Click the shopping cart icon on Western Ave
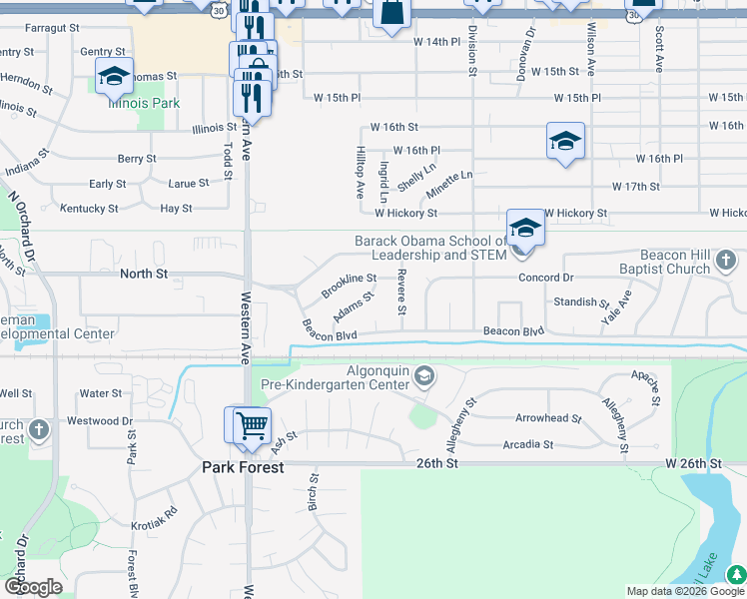coord(252,425)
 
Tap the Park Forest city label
coord(243,467)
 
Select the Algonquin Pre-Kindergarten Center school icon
coord(424,376)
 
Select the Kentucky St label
coord(89,209)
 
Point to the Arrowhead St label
coord(547,418)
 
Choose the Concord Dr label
coord(546,278)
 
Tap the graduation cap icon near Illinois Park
coord(114,76)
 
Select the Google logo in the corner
coord(33,587)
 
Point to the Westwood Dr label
coord(99,421)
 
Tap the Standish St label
coord(580,301)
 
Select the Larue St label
coord(189,184)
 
